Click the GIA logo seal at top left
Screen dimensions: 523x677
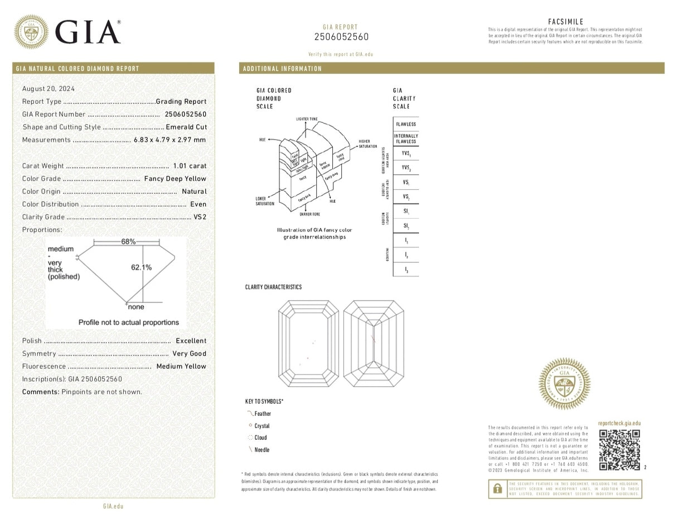pos(31,31)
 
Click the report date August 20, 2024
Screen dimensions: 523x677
pos(48,89)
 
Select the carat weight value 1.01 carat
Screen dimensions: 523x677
pos(190,166)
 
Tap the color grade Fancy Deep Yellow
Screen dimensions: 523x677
pos(175,179)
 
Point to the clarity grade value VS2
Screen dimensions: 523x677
pos(200,217)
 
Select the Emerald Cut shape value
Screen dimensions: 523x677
pos(186,127)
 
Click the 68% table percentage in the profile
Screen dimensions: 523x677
pos(128,242)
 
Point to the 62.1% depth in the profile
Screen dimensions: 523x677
pos(141,267)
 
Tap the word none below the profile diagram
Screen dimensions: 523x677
pos(136,307)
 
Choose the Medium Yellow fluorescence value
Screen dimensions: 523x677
pos(181,366)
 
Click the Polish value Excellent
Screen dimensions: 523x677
pos(191,340)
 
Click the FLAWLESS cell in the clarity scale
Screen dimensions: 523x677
pos(405,124)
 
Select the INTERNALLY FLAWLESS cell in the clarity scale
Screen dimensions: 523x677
pos(405,139)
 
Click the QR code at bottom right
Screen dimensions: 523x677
pos(619,450)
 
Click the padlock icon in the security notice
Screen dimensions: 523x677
pos(496,490)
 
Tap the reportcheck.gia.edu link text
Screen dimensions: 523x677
pos(618,424)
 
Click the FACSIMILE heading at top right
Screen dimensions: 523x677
pos(565,21)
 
